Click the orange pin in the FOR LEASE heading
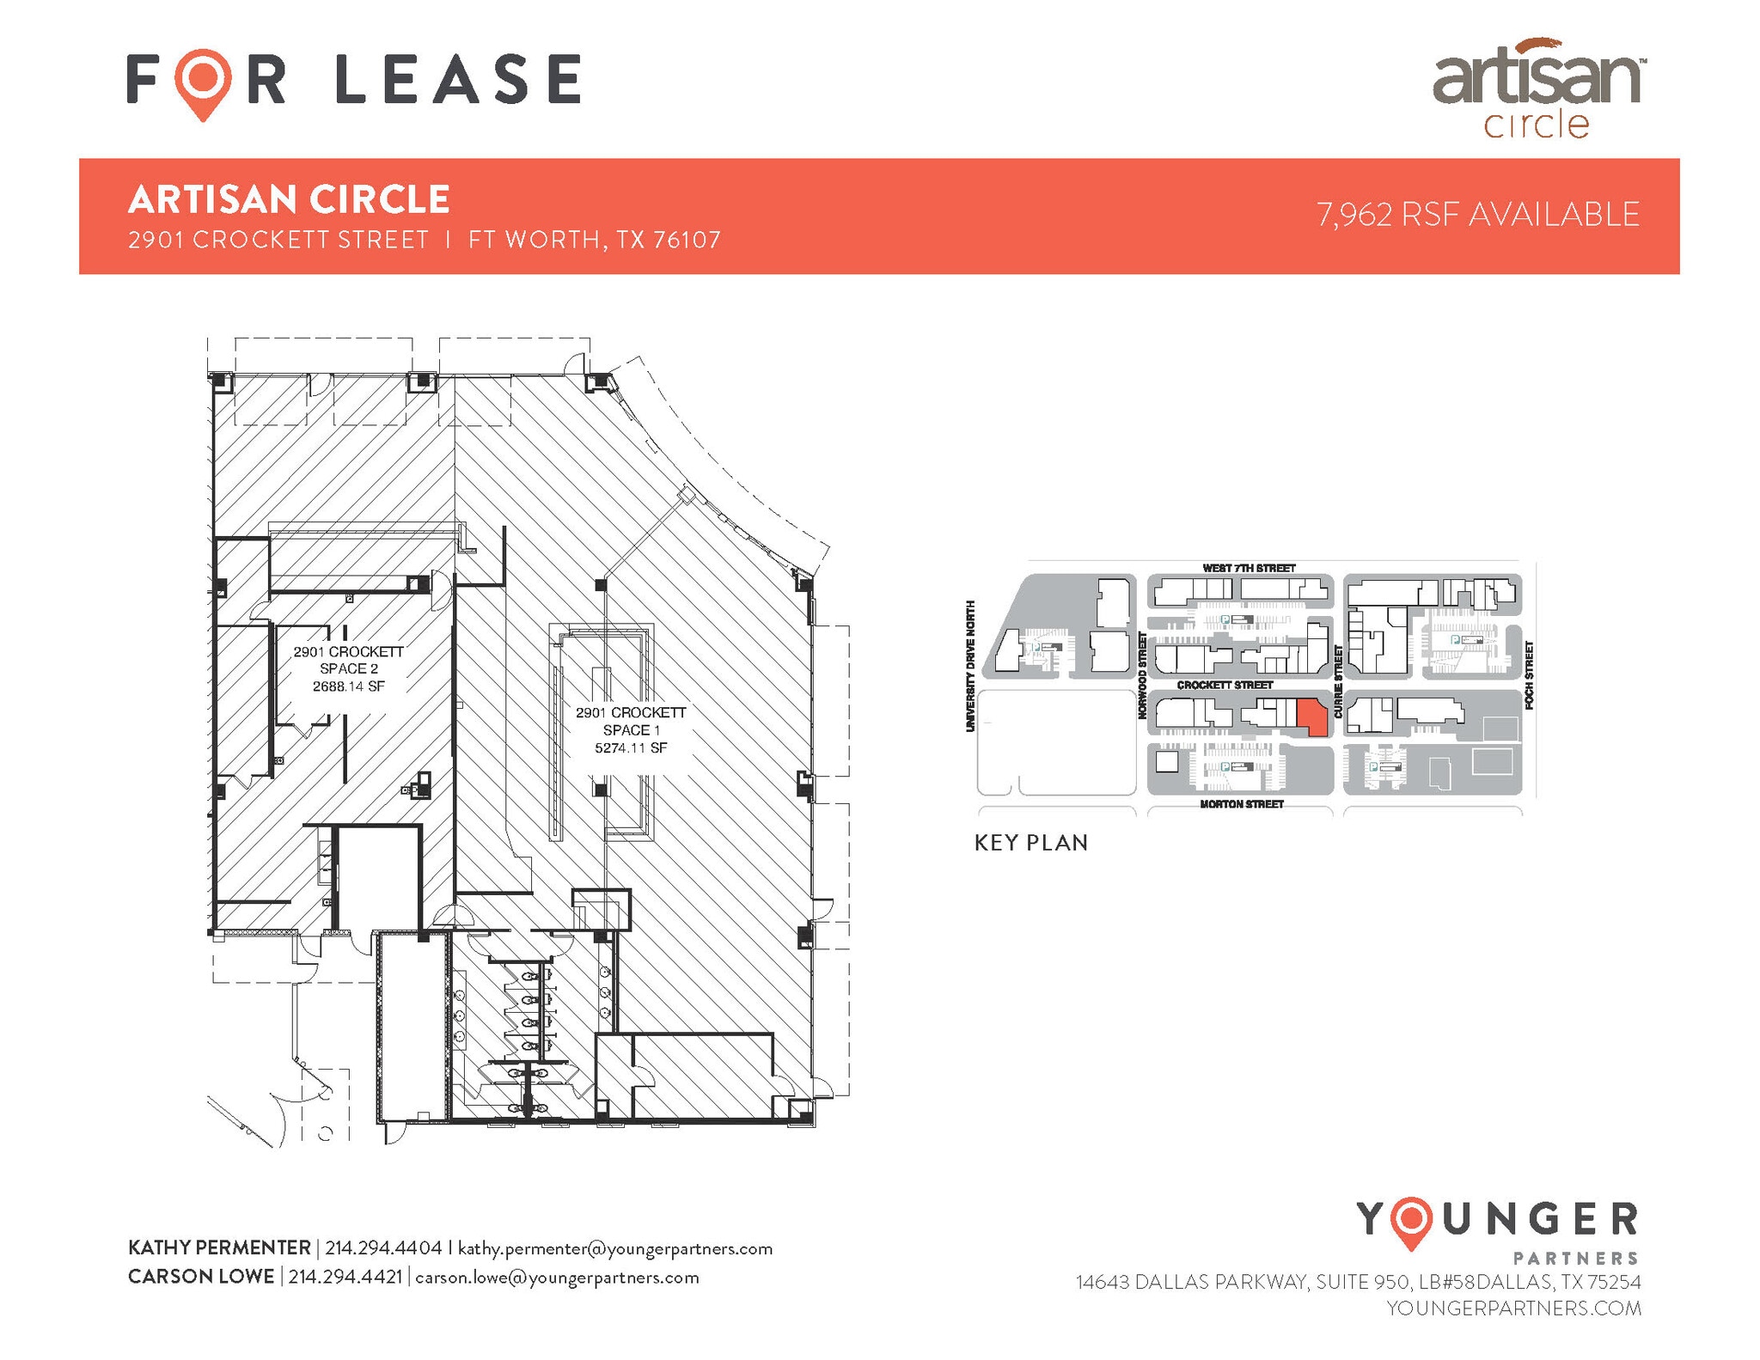pos(203,81)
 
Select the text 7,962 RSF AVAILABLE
pos(1477,215)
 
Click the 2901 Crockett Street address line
pos(425,240)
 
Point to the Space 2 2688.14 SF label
pos(348,668)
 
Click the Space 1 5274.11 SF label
pos(631,729)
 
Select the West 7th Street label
pos(1249,568)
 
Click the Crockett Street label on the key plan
pos(1225,685)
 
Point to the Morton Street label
pos(1242,804)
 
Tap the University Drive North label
pos(970,666)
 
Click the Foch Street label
pos(1529,674)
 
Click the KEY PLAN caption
pos(1031,843)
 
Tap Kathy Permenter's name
pos(219,1247)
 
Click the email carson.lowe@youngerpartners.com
pos(557,1277)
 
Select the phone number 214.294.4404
pos(383,1247)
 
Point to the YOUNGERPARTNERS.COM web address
pos(1513,1308)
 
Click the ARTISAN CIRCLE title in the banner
pos(289,199)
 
